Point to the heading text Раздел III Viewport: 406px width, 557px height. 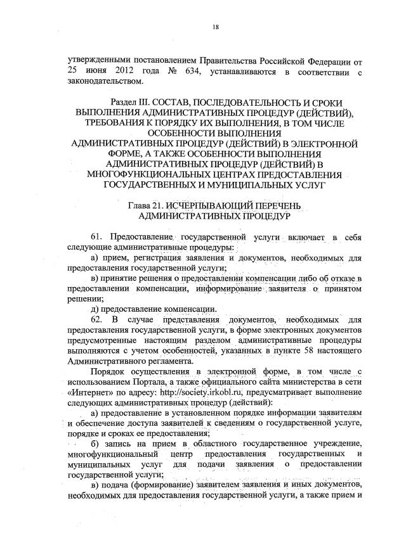coord(134,102)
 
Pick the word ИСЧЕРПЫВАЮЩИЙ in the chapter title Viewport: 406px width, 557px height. coord(214,205)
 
